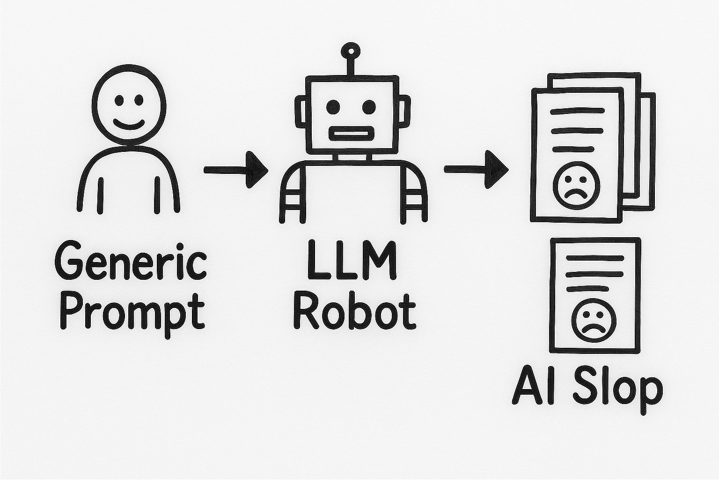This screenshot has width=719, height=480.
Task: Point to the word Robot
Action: [x=354, y=310]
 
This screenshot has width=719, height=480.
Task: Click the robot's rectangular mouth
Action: [x=351, y=134]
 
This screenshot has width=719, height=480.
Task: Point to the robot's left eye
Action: [x=333, y=106]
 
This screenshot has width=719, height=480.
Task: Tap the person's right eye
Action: [x=139, y=100]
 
